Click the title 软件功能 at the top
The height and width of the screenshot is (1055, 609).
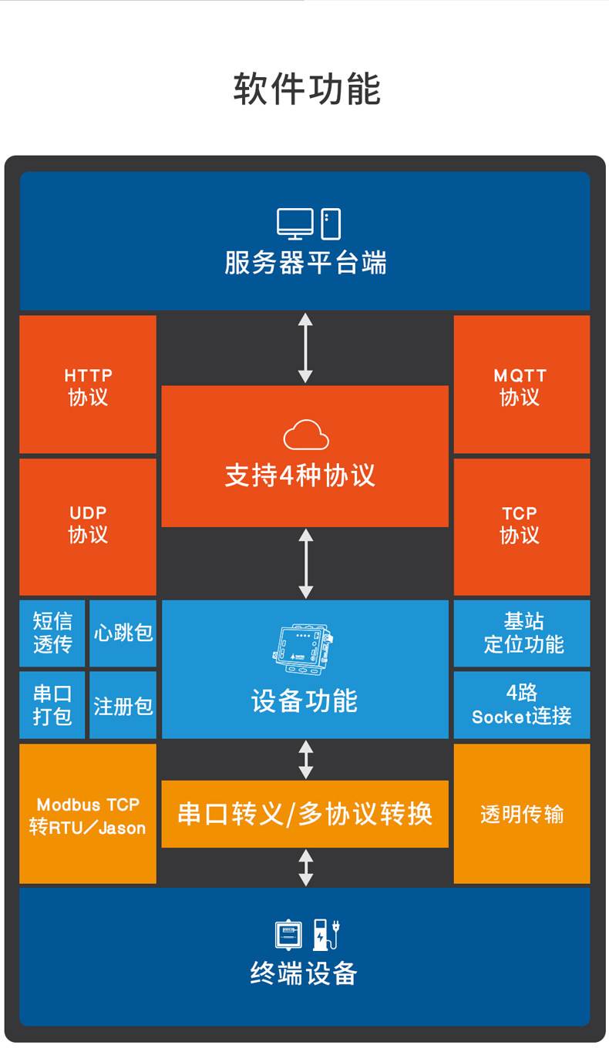point(307,89)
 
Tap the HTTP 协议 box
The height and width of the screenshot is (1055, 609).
point(88,385)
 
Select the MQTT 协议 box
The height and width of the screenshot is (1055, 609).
point(521,385)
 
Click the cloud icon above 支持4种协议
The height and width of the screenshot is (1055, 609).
point(306,435)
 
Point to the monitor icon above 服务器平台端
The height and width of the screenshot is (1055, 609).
point(295,224)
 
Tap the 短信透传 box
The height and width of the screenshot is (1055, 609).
point(52,633)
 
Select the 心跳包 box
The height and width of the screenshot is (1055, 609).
point(123,633)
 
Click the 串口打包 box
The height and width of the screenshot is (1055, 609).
point(52,705)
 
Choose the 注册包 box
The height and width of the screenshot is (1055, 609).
point(123,705)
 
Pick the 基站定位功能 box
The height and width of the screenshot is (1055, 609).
point(522,633)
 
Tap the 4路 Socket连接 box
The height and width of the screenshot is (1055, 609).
point(522,705)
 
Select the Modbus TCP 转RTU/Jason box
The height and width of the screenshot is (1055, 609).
point(88,815)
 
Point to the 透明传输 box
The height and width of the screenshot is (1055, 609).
point(522,815)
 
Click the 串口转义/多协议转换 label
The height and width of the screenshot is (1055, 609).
point(304,814)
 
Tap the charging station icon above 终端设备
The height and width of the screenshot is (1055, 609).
point(326,934)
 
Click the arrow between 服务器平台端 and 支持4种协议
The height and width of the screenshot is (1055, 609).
point(305,348)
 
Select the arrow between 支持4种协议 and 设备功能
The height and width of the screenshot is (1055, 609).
point(305,563)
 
